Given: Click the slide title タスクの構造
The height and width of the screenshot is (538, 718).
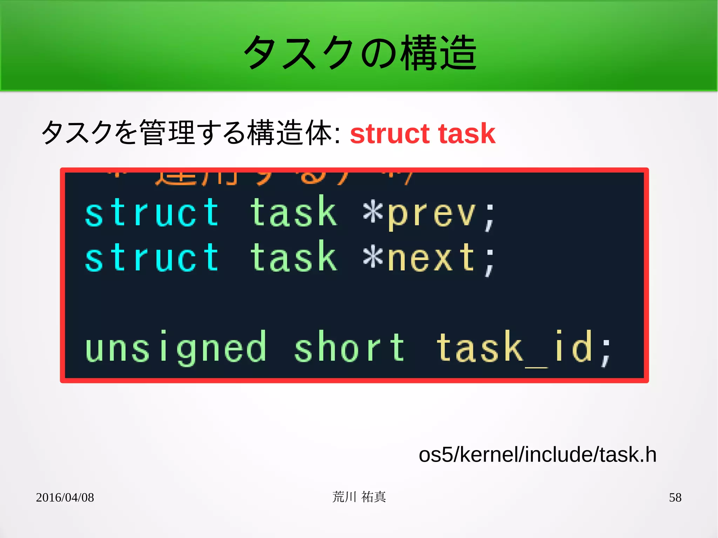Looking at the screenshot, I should (x=360, y=53).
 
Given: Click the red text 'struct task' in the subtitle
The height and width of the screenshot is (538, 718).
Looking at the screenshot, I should (x=422, y=134).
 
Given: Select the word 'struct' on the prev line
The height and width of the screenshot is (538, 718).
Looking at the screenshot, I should (x=152, y=212).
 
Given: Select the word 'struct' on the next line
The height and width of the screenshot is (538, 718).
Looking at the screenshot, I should (x=152, y=258).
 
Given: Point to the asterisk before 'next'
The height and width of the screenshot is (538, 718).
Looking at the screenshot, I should (x=373, y=257).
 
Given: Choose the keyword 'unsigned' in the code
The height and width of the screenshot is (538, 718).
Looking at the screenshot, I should (x=175, y=348).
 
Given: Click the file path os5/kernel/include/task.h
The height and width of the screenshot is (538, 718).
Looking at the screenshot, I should (x=537, y=455).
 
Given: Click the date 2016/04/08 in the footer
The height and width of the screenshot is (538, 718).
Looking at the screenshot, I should (x=65, y=497).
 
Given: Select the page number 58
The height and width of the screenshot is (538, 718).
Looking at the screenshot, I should (x=675, y=497).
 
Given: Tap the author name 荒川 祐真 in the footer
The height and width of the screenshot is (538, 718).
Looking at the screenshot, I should (x=359, y=497).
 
